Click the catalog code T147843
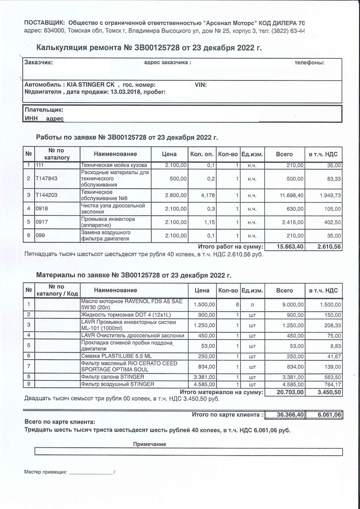pos(46,178)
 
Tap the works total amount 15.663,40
pos(290,247)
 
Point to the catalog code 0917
pos(42,222)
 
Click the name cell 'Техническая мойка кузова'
pos(114,165)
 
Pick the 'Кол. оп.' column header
pos(202,154)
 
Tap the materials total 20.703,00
pos(290,392)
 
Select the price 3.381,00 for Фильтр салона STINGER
pos(204,377)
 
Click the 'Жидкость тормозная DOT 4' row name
pos(126,315)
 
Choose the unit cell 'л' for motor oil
pos(252,305)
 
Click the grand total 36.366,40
pos(290,415)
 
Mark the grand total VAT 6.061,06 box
pos(329,415)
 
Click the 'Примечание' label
pos(150,444)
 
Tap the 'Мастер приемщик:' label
pos(45,472)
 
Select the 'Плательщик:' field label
pos(44,110)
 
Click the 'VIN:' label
pos(201,85)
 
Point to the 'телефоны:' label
pos(309,63)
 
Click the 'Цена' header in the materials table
pos(202,290)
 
